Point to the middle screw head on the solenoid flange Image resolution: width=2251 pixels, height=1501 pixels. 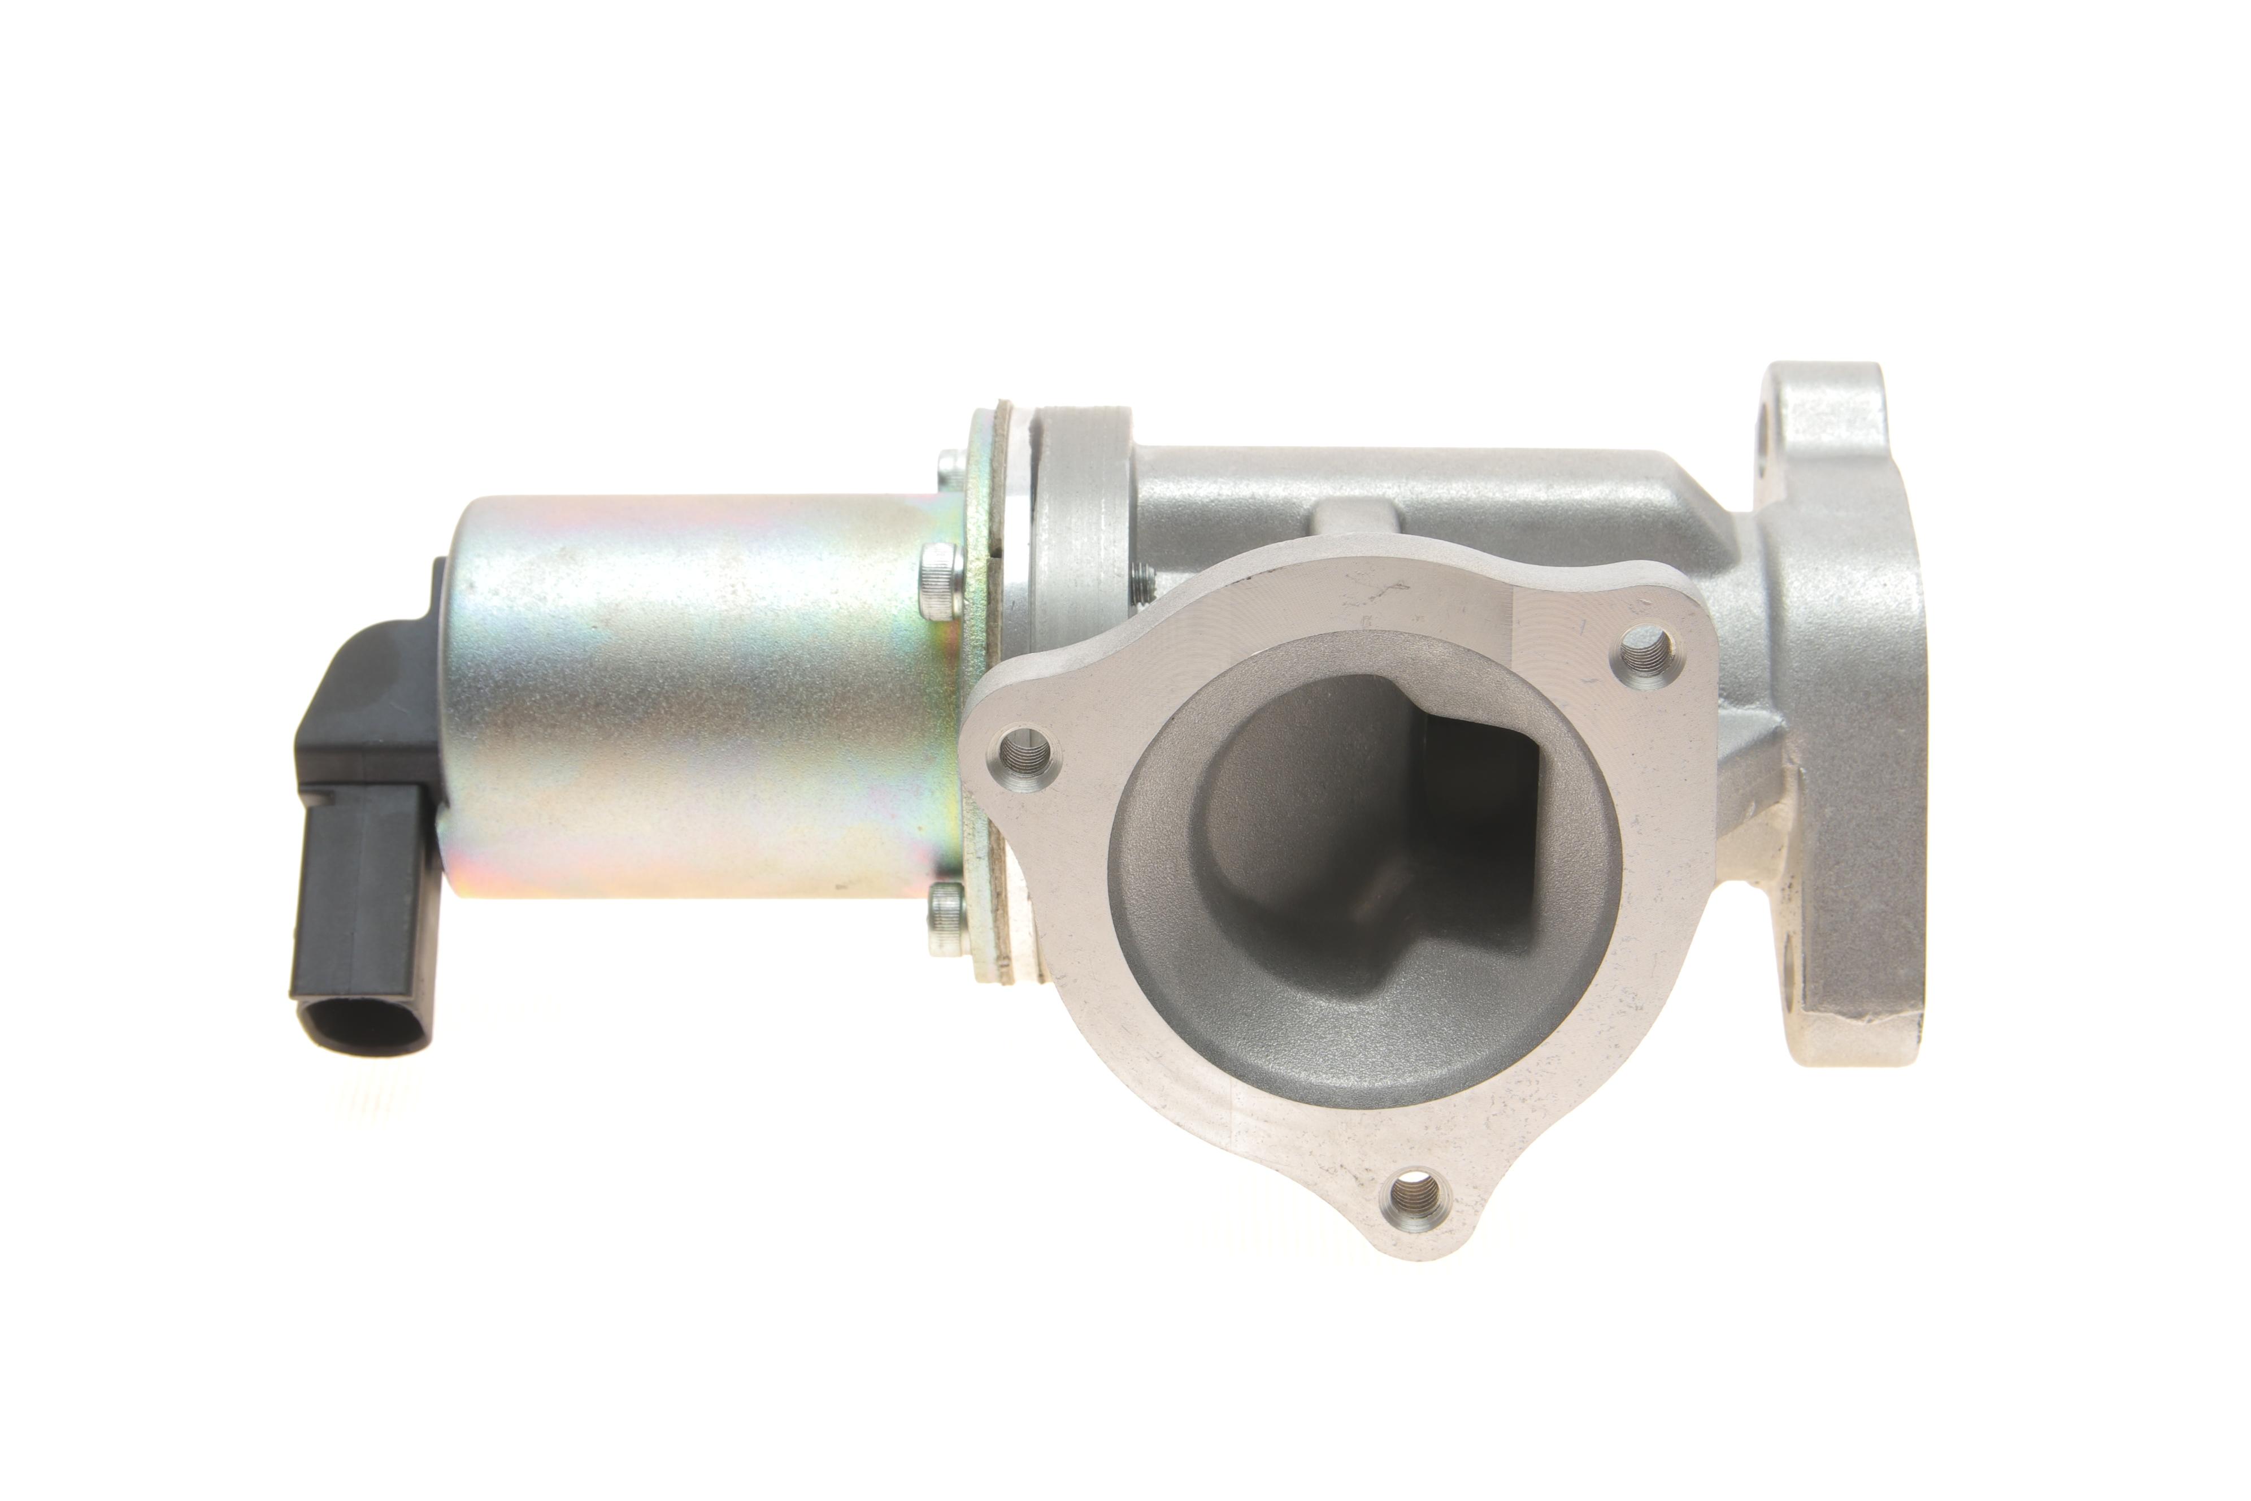[938, 580]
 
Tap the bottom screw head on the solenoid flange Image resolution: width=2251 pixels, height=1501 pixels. [946, 917]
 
